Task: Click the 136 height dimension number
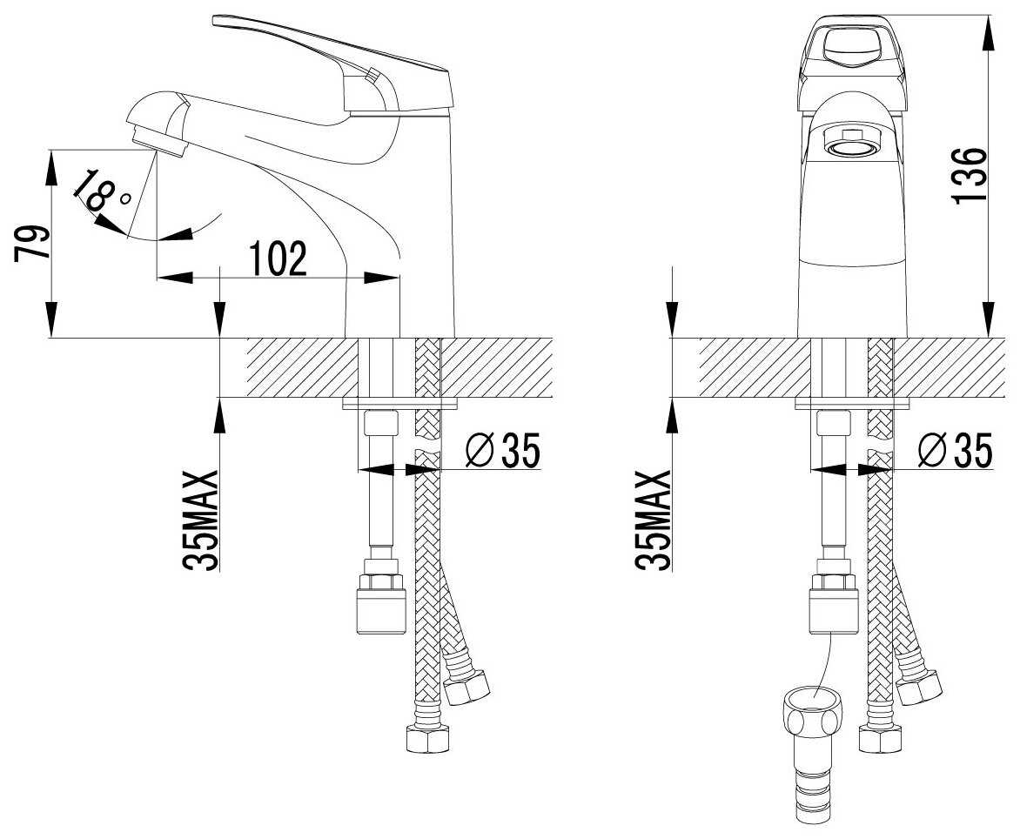pos(970,175)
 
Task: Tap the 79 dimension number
pos(32,243)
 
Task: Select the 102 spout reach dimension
pos(278,258)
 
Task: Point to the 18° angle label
pos(102,191)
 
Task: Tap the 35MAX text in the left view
pos(199,520)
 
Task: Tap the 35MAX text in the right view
pos(653,520)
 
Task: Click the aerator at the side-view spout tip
pos(158,139)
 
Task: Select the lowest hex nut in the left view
pos(429,738)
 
